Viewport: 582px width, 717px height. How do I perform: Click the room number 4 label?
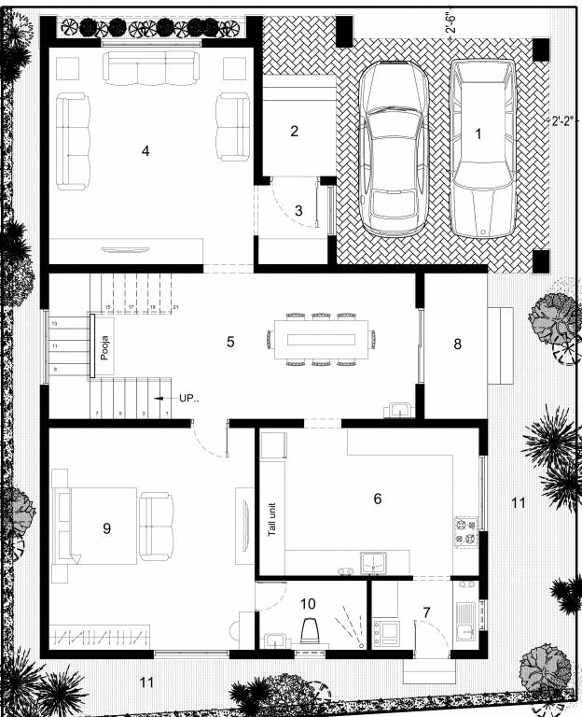click(145, 151)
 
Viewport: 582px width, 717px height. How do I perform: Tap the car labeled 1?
click(481, 149)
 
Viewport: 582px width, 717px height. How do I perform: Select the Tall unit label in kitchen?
click(273, 514)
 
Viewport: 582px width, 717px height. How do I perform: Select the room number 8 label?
click(457, 344)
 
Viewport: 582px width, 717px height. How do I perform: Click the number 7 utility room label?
click(426, 612)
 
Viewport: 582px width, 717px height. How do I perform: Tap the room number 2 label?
click(294, 131)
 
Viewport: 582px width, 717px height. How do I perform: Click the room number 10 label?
click(309, 603)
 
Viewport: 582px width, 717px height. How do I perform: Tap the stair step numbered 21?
click(174, 306)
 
